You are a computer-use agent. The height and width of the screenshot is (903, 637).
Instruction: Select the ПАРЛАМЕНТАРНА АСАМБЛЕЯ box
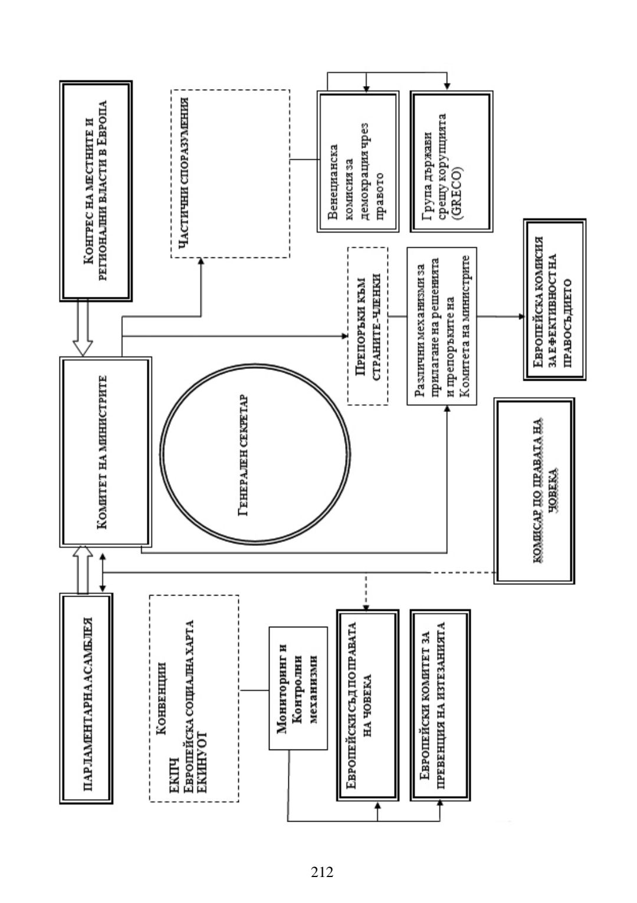point(86,698)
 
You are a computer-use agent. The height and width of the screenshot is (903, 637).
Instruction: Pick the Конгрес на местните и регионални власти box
point(96,191)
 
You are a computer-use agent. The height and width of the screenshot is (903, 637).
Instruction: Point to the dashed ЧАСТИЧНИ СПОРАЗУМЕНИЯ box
point(230,173)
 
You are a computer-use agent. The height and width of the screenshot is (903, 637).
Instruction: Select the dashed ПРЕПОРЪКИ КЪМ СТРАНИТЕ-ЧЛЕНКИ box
point(367,326)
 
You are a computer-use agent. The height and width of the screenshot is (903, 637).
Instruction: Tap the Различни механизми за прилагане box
point(441,326)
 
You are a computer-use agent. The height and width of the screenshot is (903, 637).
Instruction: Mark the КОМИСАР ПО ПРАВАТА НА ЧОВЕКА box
point(534,490)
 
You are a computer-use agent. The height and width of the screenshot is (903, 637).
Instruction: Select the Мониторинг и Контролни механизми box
point(297,688)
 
